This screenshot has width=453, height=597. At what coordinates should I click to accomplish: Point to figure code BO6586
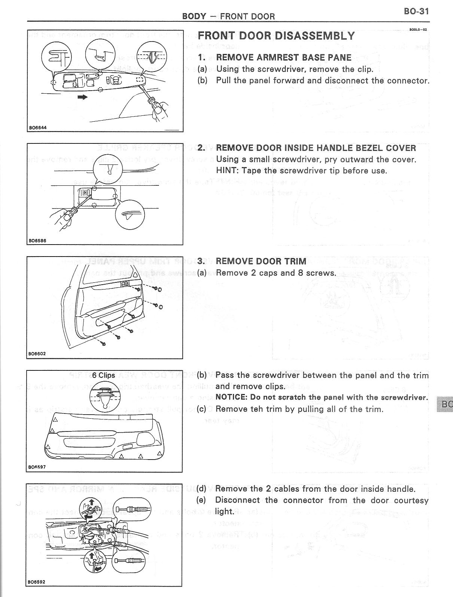pos(37,241)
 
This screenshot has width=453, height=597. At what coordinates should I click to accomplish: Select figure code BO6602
pos(37,353)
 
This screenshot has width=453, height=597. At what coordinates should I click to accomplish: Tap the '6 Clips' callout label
pos(104,375)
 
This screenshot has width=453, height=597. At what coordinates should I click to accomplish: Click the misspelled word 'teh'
pos(257,409)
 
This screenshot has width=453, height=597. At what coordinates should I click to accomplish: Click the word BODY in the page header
pos(194,16)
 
